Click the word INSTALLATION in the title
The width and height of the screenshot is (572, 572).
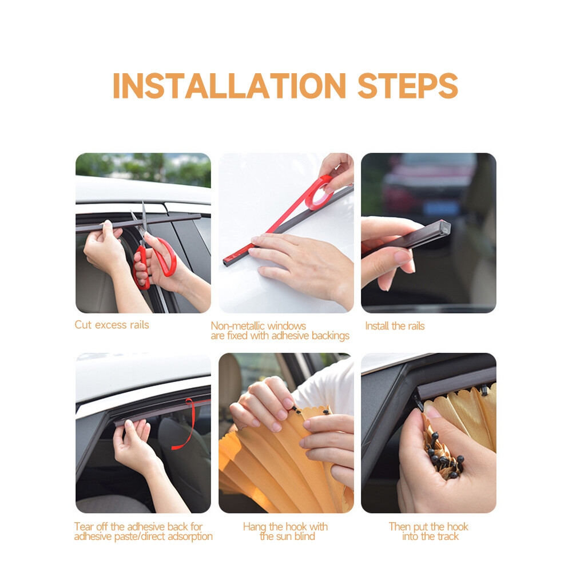[229, 86]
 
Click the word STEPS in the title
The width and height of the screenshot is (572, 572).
[407, 86]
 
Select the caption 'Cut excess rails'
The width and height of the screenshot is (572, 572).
[112, 325]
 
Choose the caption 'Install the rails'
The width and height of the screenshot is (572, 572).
[395, 326]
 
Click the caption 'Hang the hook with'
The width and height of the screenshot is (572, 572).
[285, 527]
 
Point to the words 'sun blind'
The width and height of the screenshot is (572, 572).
[296, 537]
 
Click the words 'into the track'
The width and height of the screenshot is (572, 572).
[431, 537]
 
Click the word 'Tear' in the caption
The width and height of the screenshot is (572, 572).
[84, 527]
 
